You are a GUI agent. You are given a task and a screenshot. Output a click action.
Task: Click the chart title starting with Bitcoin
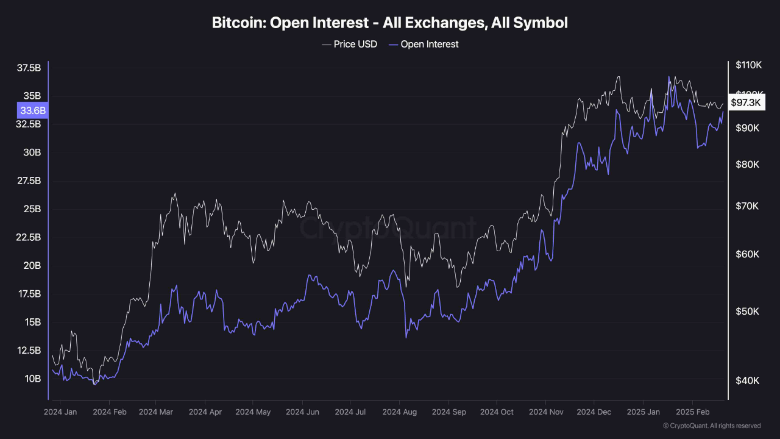pos(390,23)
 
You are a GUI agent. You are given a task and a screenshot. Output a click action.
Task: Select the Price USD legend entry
pos(349,44)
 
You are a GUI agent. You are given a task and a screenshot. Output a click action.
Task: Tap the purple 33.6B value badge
pos(33,110)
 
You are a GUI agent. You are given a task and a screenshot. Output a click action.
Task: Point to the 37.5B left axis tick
pos(29,68)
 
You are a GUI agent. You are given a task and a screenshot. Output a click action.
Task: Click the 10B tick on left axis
pos(32,379)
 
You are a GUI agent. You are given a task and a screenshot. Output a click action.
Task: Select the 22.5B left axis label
pos(29,237)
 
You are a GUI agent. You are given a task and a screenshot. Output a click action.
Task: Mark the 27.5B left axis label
pos(29,180)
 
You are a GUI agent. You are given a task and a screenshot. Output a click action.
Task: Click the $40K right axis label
pos(747,380)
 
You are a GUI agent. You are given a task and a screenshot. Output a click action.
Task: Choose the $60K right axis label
pos(747,254)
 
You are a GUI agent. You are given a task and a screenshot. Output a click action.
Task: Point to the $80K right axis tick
pos(747,165)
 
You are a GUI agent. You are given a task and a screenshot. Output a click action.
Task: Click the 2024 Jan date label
pos(60,412)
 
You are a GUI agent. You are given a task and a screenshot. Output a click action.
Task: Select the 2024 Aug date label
pos(400,412)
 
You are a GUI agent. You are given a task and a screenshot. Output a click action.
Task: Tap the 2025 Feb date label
pos(692,412)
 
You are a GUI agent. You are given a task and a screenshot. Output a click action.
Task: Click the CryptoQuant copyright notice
pos(711,426)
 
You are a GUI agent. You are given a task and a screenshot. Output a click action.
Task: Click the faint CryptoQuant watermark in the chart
pos(388,229)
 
